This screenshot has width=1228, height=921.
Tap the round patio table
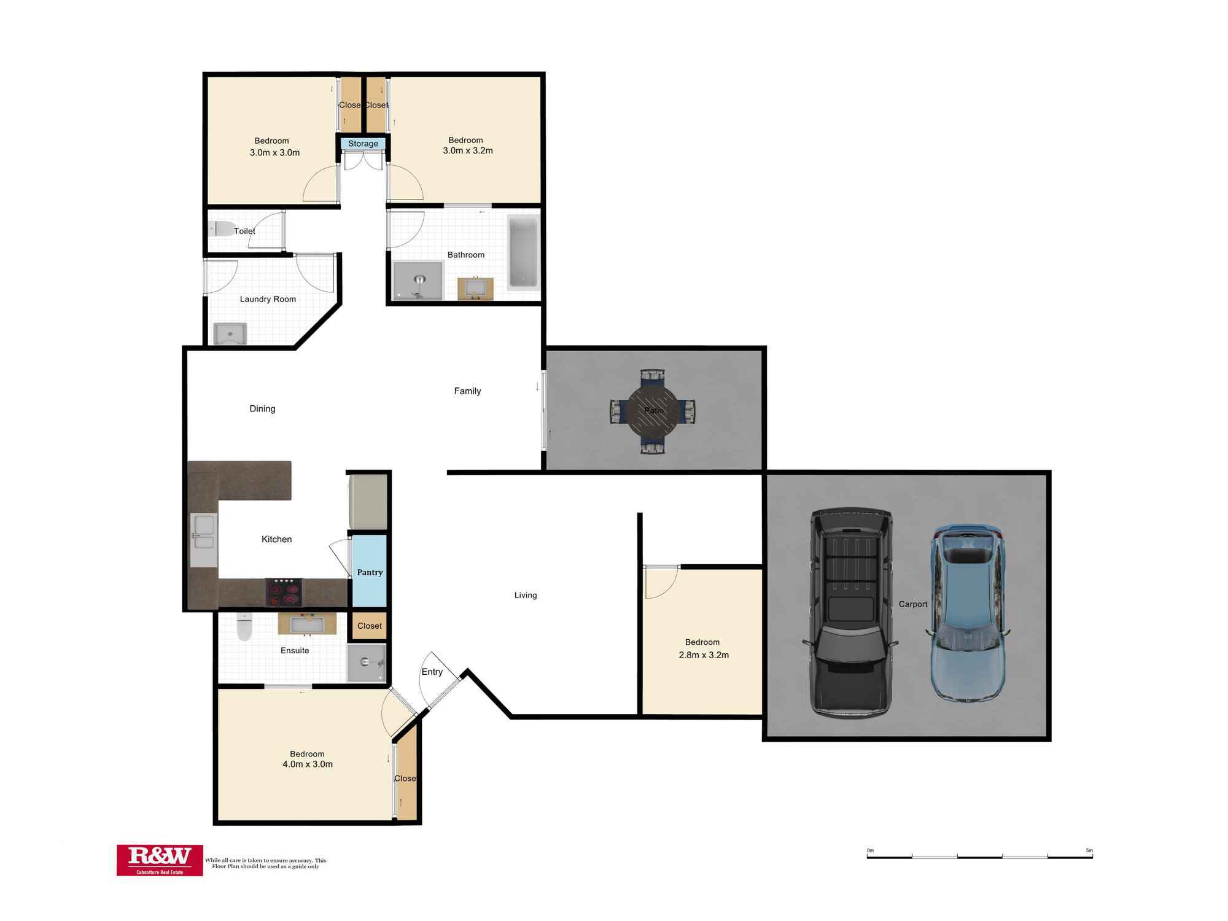tap(653, 411)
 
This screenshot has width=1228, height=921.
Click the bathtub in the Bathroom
tap(523, 252)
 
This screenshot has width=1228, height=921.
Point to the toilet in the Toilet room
tap(222, 229)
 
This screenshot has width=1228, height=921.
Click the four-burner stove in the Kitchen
tap(284, 593)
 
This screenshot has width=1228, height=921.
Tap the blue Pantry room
tap(369, 572)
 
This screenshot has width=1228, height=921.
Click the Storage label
tap(363, 144)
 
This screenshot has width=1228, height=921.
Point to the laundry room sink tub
tap(230, 334)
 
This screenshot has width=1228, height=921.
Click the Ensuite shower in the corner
tap(367, 663)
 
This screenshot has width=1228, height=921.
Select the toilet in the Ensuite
tap(244, 627)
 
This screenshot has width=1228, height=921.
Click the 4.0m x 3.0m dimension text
tap(308, 764)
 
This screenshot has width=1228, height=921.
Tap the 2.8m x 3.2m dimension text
tap(704, 655)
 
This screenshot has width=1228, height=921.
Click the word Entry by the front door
tap(432, 672)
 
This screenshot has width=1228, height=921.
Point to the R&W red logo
tap(160, 860)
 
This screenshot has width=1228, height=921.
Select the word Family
tap(467, 391)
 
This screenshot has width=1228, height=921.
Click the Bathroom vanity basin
tap(475, 289)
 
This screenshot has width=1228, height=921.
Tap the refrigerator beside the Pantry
tap(367, 501)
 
